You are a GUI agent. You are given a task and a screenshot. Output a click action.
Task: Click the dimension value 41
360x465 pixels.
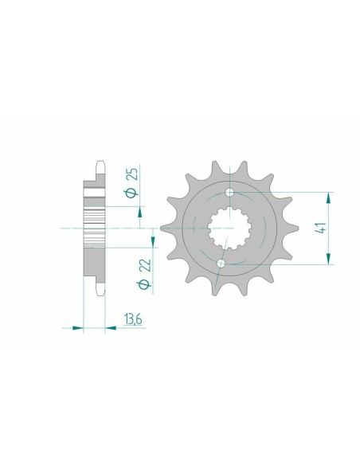point(319,228)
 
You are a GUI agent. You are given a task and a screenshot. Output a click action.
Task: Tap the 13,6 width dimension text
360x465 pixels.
point(133,322)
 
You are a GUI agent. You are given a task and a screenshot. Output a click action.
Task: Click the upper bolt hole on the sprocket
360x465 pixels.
point(231,193)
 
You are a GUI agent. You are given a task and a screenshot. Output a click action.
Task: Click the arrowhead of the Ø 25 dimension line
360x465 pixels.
point(142,210)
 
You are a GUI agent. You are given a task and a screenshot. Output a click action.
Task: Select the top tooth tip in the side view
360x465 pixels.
point(100,162)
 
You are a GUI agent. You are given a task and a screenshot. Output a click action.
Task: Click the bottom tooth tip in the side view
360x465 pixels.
point(100,295)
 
